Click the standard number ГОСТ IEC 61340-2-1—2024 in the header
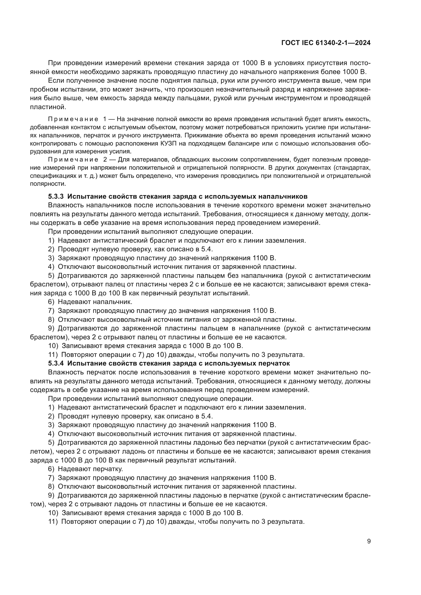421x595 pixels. coord(326,43)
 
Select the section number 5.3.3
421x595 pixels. coord(56,196)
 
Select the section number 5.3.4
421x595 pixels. coord(56,363)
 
